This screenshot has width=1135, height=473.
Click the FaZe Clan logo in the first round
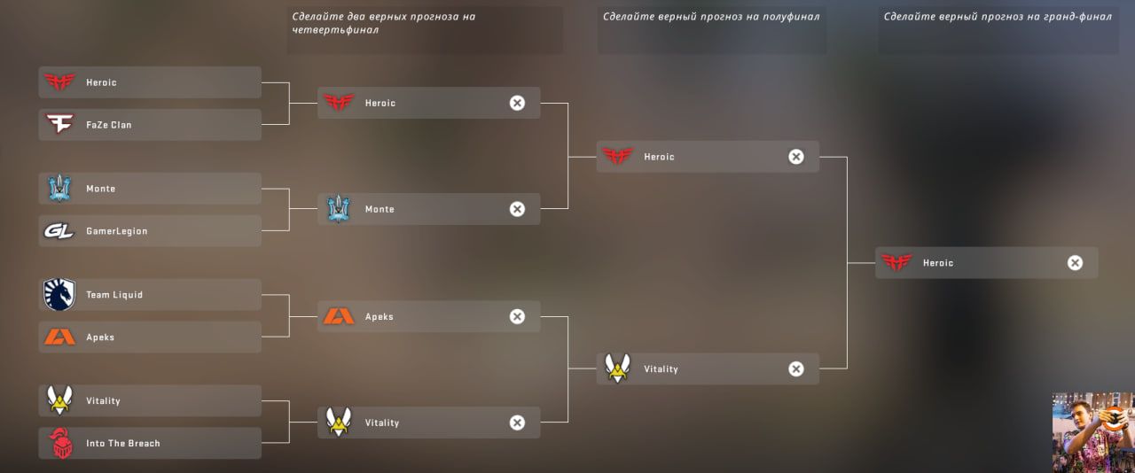point(59,125)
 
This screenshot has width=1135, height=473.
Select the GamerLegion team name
point(116,231)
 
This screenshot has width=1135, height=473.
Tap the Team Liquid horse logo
point(59,295)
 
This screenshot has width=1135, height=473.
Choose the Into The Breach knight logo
point(60,444)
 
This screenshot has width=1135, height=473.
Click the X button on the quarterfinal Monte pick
point(517,209)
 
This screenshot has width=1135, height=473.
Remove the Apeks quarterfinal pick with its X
point(517,316)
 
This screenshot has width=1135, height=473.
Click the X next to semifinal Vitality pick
point(796,369)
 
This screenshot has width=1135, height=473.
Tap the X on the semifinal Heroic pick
point(796,157)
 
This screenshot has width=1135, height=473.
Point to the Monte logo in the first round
point(59,189)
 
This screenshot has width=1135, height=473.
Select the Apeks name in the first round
point(100,337)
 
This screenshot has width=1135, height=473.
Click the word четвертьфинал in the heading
point(335,30)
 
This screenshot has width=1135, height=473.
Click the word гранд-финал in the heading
point(1074,17)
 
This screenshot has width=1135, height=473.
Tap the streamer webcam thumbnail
point(1093,432)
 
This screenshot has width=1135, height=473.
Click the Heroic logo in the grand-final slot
point(896,263)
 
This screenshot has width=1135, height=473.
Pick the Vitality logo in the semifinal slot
point(617,368)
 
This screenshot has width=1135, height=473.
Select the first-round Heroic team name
point(101,82)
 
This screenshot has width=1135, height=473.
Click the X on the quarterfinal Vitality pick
point(517,423)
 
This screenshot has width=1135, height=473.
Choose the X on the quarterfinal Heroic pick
point(517,103)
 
